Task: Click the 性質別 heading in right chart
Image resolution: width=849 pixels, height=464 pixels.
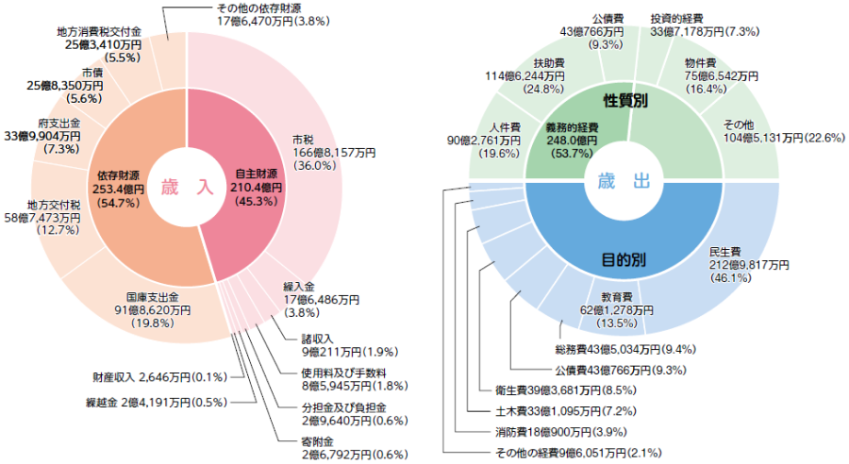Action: coord(624,100)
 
